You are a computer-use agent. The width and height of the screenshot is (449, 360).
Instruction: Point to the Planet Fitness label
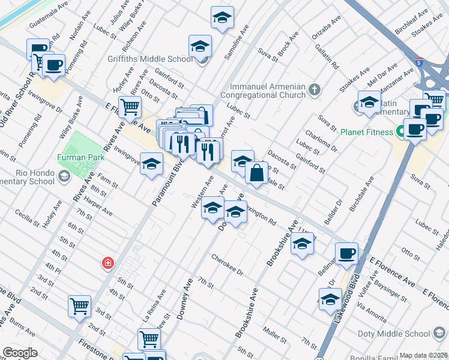click(x=366, y=132)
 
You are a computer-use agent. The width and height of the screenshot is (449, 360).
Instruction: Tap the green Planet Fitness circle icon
click(x=399, y=132)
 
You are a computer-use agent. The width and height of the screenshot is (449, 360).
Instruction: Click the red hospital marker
click(x=107, y=263)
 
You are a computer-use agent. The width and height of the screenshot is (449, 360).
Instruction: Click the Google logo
click(x=20, y=352)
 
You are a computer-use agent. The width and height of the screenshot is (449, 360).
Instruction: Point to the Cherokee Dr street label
click(x=227, y=264)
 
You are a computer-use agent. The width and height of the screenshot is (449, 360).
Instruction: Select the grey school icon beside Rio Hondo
click(x=64, y=175)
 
